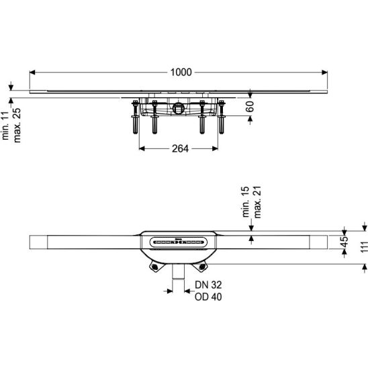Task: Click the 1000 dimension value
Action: click(181, 73)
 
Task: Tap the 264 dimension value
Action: click(180, 148)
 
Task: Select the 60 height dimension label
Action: click(250, 107)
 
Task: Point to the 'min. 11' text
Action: click(5, 126)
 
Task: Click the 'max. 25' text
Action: click(17, 126)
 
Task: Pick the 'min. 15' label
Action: click(246, 202)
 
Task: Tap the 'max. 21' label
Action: click(257, 202)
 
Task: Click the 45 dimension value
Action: click(344, 242)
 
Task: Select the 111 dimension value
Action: click(364, 247)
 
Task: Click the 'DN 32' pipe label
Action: click(208, 285)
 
